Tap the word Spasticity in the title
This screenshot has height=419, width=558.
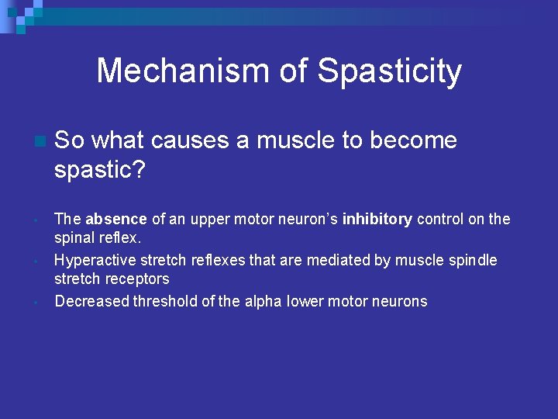390,71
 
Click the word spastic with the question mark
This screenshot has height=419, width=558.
100,170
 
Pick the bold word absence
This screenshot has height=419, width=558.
115,219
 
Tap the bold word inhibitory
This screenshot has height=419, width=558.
377,219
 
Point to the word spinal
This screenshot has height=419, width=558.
74,237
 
